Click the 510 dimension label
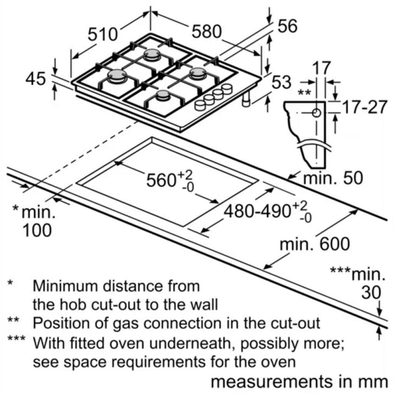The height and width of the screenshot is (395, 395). [x=103, y=34]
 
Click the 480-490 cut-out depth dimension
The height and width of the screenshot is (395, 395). [x=265, y=211]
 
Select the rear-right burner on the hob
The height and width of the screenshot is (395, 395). [x=198, y=73]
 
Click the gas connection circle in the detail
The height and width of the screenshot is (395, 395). [x=316, y=112]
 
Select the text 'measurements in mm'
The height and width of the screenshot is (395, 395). [x=298, y=383]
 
